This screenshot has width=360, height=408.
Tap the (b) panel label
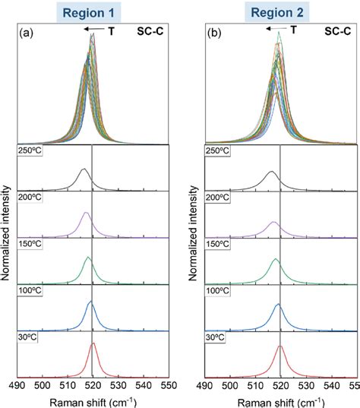pos(214,33)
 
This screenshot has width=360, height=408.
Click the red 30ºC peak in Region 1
pos(93,344)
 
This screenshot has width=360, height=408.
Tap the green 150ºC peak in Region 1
pos(89,258)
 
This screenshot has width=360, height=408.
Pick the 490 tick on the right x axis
pos(205,387)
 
